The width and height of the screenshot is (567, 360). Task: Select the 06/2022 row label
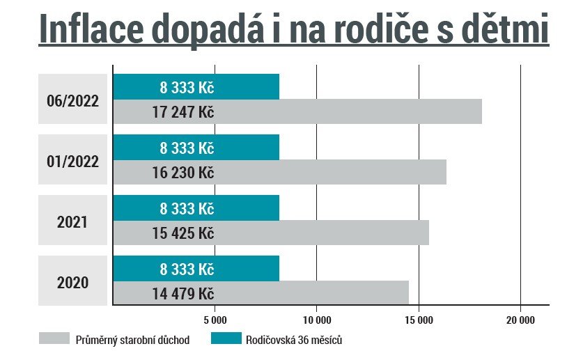pos(73,100)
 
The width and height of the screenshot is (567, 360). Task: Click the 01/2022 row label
pos(73,161)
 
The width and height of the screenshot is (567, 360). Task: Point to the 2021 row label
pos(73,222)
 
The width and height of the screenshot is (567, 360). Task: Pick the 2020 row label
pos(73,283)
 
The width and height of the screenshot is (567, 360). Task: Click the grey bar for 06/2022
pos(348,112)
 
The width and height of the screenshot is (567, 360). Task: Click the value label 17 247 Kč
pos(182,112)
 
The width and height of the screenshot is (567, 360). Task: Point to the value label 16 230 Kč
pos(182,173)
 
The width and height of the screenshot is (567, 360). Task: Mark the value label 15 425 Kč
pos(182,233)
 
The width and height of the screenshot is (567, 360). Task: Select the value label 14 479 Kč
pos(182,294)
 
